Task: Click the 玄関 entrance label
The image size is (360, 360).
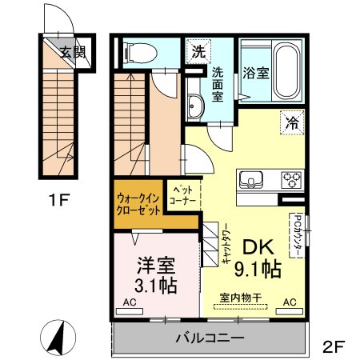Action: pos(74,54)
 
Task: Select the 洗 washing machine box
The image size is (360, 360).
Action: pos(198,52)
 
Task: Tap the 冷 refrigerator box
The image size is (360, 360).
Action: pos(292,123)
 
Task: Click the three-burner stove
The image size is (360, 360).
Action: pos(289,178)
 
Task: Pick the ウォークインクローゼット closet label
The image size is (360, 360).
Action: pos(138,203)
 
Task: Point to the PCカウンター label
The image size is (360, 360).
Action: pos(296,234)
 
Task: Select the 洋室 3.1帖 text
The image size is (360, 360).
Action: pos(154,273)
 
